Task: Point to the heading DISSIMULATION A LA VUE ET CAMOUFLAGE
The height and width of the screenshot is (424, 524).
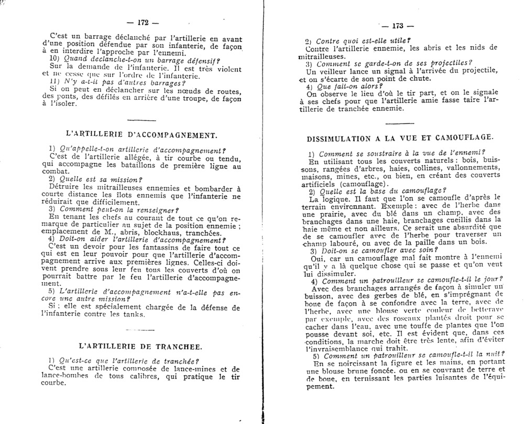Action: [398, 137]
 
